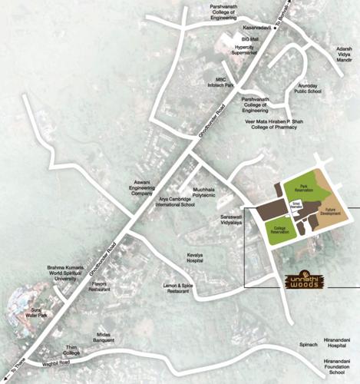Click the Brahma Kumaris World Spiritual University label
point(62,273)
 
